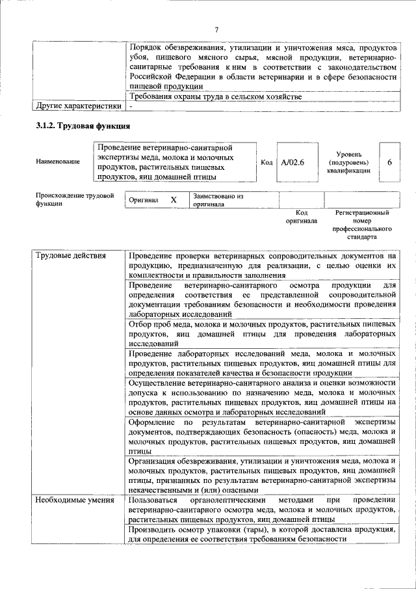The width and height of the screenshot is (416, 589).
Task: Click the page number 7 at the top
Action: pyautogui.click(x=216, y=29)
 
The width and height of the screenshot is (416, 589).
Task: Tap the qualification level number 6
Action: pyautogui.click(x=389, y=161)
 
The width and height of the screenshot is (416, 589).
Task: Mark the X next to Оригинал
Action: pyautogui.click(x=174, y=200)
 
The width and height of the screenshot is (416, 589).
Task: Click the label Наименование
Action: pyautogui.click(x=58, y=161)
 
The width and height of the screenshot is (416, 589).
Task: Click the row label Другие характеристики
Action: pyautogui.click(x=79, y=105)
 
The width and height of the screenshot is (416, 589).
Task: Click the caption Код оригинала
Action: pyautogui.click(x=302, y=217)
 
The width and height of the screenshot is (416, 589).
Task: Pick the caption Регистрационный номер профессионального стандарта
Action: pyautogui.click(x=361, y=225)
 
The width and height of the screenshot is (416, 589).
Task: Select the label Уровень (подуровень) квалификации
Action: pyautogui.click(x=349, y=161)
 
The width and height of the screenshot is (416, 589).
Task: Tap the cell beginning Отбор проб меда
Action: pyautogui.click(x=262, y=333)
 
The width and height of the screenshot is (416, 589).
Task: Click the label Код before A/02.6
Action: pyautogui.click(x=266, y=161)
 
